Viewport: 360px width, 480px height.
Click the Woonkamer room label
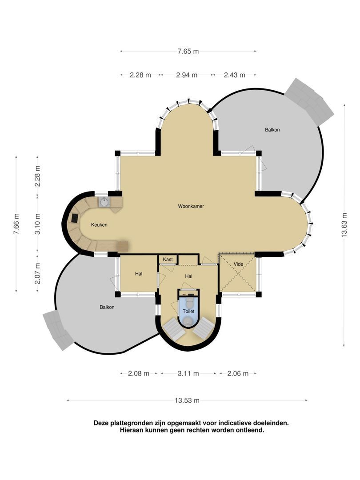tap(191, 206)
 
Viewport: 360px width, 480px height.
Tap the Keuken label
tap(99, 225)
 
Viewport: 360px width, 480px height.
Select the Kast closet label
tap(168, 259)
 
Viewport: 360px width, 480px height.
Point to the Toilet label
tap(188, 311)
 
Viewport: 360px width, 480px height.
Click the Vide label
tap(238, 264)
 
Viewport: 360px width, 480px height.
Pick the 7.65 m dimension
tap(188, 52)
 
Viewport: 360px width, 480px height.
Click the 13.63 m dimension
tap(344, 225)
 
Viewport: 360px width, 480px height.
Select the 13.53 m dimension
tap(187, 400)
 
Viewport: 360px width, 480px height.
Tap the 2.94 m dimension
tap(187, 75)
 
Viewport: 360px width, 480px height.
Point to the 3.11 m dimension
tap(188, 373)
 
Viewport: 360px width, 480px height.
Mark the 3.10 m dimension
tap(37, 224)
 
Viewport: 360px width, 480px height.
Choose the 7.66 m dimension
tap(16, 224)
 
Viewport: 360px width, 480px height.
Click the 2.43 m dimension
tap(235, 75)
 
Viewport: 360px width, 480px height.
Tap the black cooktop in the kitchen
tap(75, 218)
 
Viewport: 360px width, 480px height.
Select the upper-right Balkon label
tap(272, 130)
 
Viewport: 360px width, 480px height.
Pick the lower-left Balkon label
tap(107, 307)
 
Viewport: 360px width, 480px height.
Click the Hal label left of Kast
tap(139, 274)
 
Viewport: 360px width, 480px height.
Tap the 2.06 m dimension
tap(238, 373)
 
